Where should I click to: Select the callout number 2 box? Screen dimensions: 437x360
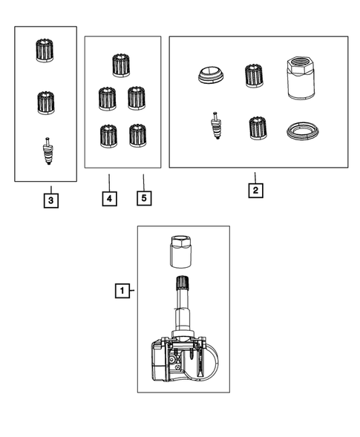tap(255, 189)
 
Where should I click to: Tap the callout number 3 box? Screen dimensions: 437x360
tap(50, 200)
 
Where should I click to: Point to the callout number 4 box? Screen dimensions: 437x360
tap(108, 199)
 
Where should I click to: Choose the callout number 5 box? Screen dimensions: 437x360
tap(144, 199)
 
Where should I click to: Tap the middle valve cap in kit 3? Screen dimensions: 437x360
tap(46, 102)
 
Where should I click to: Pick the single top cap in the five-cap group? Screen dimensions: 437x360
tap(121, 65)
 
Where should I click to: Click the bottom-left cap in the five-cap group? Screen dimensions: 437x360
tap(108, 135)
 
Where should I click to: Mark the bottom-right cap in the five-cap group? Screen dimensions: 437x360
tap(137, 135)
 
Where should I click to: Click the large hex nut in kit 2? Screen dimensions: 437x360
tap(301, 78)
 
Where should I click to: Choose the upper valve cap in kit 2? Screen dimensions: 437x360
tap(255, 76)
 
